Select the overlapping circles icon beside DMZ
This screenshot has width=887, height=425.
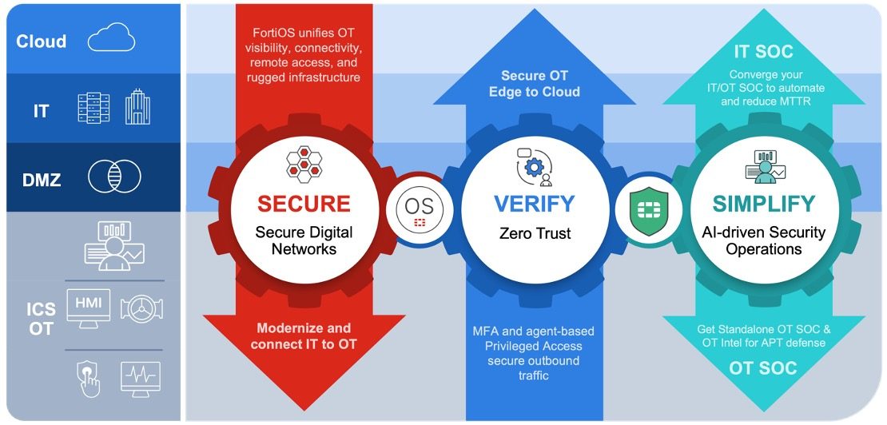click(x=114, y=177)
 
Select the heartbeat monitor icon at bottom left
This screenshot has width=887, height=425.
click(x=140, y=378)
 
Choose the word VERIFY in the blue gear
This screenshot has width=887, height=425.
click(x=534, y=203)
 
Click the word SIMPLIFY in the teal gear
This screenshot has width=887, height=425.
click(x=764, y=203)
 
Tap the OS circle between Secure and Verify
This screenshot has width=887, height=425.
click(x=419, y=209)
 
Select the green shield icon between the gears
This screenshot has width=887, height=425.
click(x=648, y=209)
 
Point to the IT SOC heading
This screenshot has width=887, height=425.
click(x=764, y=52)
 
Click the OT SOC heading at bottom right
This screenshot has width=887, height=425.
click(x=764, y=367)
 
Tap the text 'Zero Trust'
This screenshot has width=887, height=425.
click(x=533, y=234)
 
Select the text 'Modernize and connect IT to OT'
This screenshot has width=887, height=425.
click(x=303, y=336)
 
